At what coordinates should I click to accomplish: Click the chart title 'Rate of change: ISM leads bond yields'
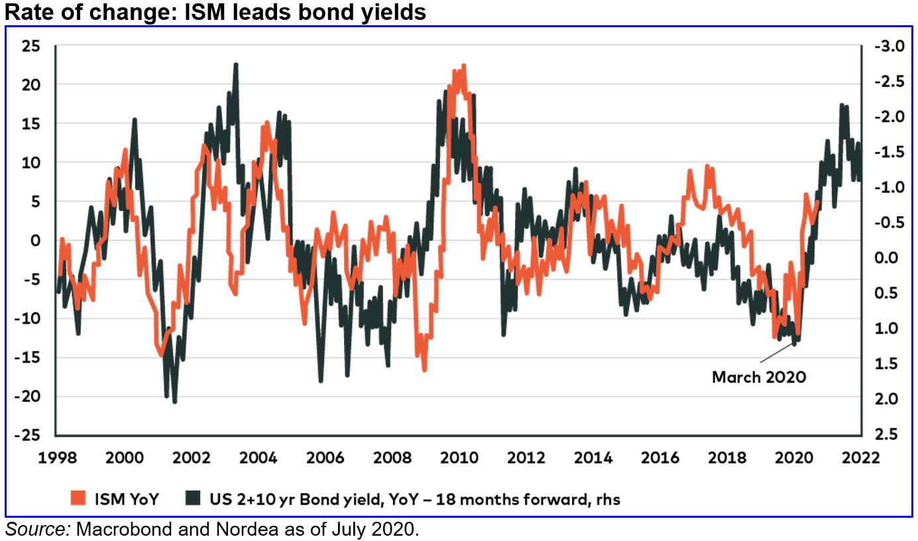coord(213,11)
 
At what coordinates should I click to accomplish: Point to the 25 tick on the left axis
coord(31,46)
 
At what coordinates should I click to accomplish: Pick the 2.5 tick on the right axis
coord(886,434)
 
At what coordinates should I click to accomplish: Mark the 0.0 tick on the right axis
coord(886,258)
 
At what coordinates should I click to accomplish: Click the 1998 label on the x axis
coord(56,458)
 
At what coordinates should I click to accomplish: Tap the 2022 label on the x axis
coord(861,458)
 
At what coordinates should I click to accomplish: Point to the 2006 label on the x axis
coord(324,458)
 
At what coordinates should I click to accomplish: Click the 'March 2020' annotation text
coord(759,377)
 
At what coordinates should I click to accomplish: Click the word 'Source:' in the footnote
coord(38,529)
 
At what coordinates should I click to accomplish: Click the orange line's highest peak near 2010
coord(463,65)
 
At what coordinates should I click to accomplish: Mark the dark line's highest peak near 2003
coord(236,64)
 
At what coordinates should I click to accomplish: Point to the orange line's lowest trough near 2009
coord(424,370)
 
